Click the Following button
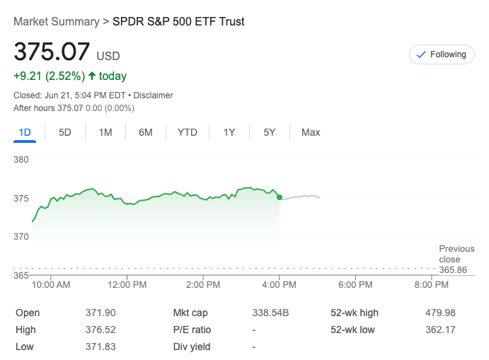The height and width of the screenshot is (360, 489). tap(442, 54)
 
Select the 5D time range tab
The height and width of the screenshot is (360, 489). tap(64, 132)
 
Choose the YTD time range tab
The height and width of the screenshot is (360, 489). tap(188, 132)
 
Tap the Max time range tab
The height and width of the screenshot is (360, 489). tap(311, 132)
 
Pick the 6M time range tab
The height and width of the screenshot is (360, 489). tap(146, 132)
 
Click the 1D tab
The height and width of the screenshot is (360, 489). tap(25, 132)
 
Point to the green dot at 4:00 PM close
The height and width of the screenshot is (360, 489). tap(280, 197)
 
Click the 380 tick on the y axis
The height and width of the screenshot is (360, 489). tap(21, 160)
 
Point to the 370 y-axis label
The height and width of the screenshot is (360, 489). tap(21, 236)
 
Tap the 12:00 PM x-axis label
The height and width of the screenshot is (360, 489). tap(127, 285)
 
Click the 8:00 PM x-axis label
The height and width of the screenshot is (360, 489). tap(431, 285)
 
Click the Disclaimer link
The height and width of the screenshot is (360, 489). tap(153, 95)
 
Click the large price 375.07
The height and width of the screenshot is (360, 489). tap(52, 52)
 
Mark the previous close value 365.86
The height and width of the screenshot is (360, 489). tap(453, 270)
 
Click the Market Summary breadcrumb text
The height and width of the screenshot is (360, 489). tap(56, 21)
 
